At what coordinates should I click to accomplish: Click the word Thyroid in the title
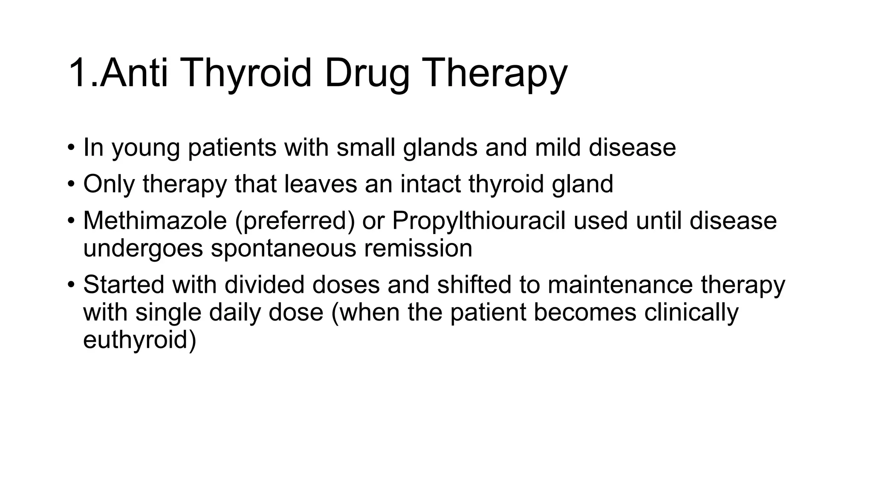click(247, 73)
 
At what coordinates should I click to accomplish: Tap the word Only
click(109, 184)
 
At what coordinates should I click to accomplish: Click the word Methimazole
click(155, 221)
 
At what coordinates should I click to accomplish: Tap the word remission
click(418, 248)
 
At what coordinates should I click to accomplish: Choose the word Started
click(124, 285)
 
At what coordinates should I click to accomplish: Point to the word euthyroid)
click(139, 340)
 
